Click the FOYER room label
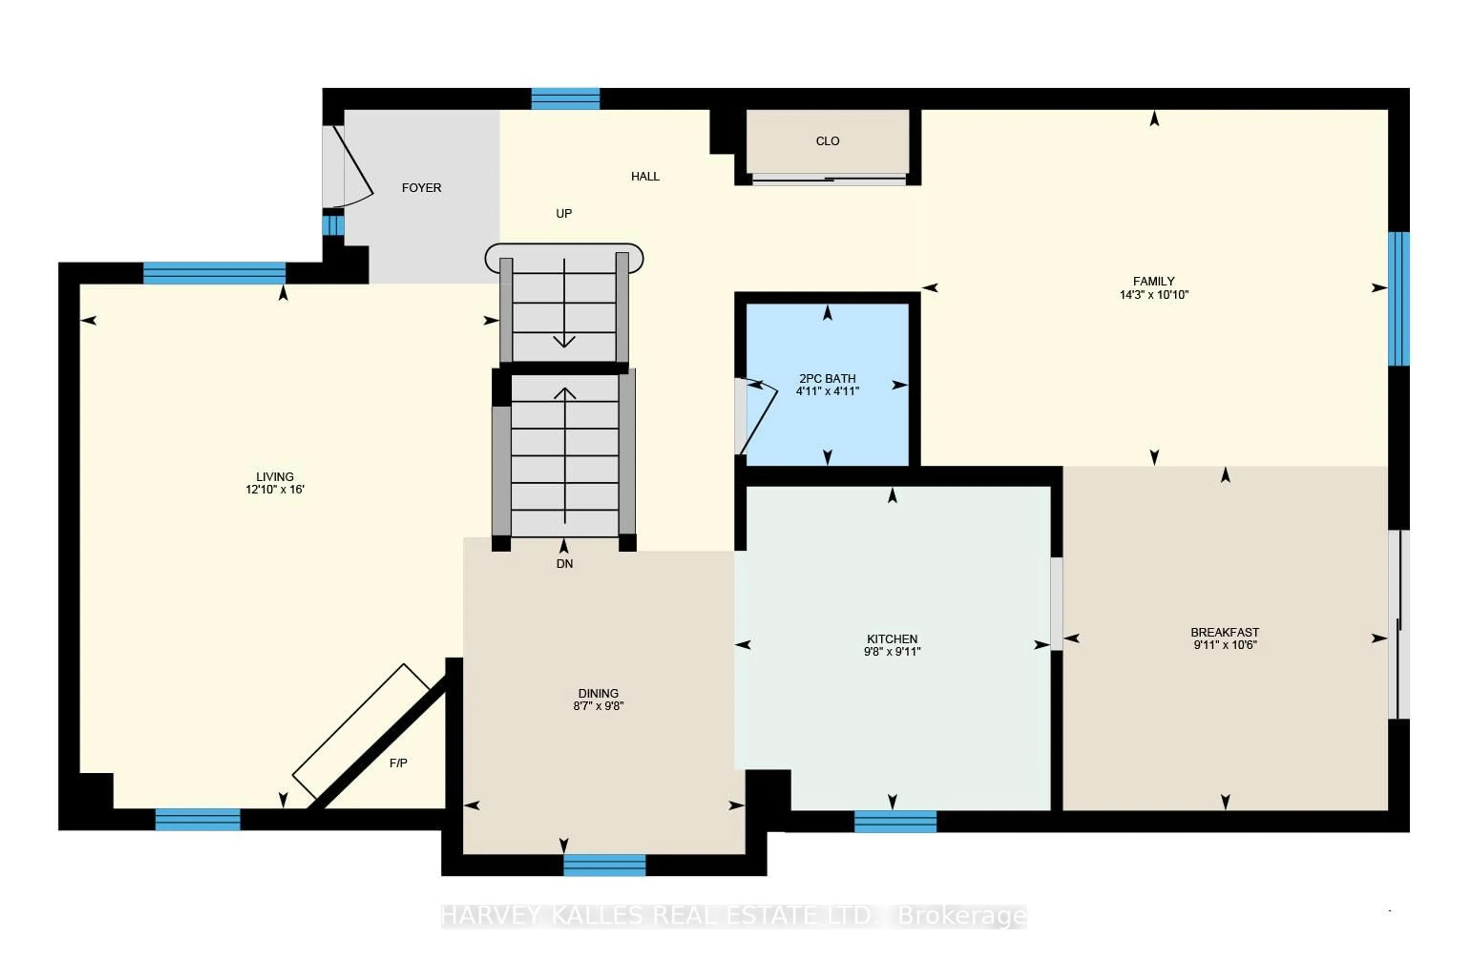tap(421, 187)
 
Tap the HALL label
tap(645, 176)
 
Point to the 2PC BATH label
tap(828, 378)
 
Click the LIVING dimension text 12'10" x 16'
tap(275, 490)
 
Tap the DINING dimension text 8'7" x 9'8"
tap(598, 706)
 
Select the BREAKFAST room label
tap(1225, 632)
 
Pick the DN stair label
tap(565, 564)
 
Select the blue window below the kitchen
tap(895, 821)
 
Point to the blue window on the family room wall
tap(1399, 299)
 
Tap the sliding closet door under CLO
tap(829, 179)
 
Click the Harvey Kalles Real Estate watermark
tap(734, 916)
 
